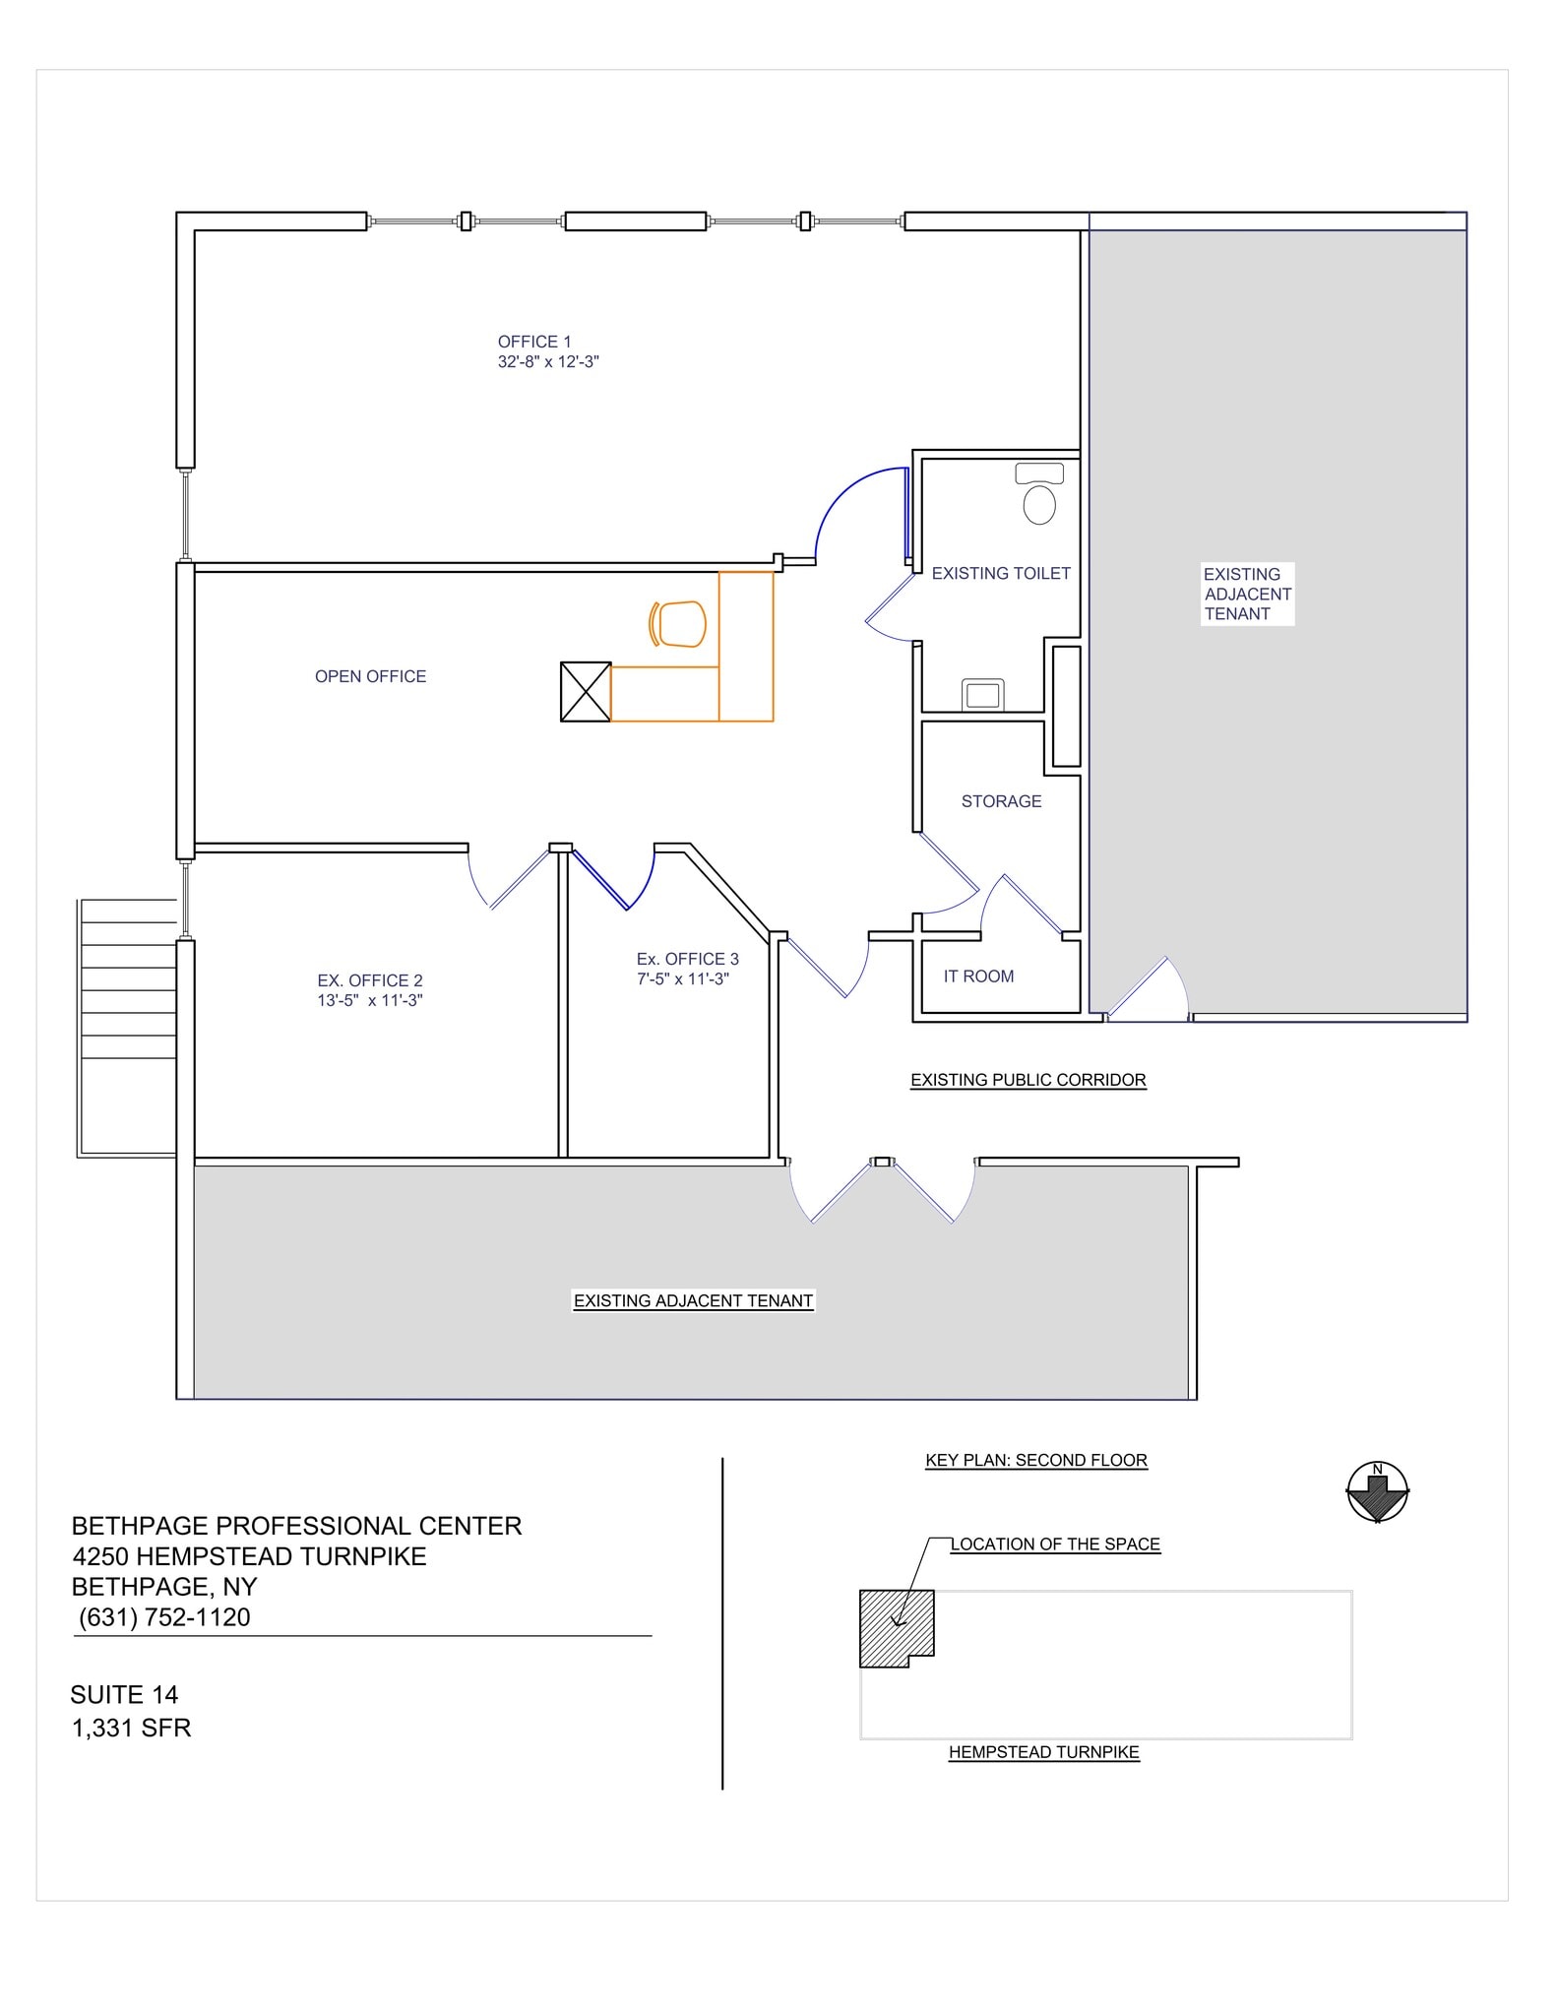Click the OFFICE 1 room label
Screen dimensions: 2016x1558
coord(534,342)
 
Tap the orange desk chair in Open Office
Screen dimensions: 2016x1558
coord(679,624)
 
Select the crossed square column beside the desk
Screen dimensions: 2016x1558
coord(585,692)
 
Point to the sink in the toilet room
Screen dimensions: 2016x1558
coord(982,695)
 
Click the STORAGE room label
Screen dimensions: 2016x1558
coord(1001,801)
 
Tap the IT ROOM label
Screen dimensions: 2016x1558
coord(978,976)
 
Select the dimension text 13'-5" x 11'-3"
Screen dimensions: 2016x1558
coord(370,1001)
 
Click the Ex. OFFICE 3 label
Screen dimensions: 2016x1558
coord(687,959)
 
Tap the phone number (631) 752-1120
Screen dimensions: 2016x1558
coord(164,1617)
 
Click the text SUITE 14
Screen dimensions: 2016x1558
coord(124,1694)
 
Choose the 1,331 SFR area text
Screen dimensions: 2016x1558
coord(131,1728)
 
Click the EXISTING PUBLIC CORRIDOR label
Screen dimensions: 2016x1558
coord(1028,1080)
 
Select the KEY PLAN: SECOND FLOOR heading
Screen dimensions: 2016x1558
coord(1035,1460)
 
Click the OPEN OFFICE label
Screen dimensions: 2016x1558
coord(370,676)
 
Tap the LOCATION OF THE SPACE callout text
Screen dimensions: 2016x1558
coord(1055,1544)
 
